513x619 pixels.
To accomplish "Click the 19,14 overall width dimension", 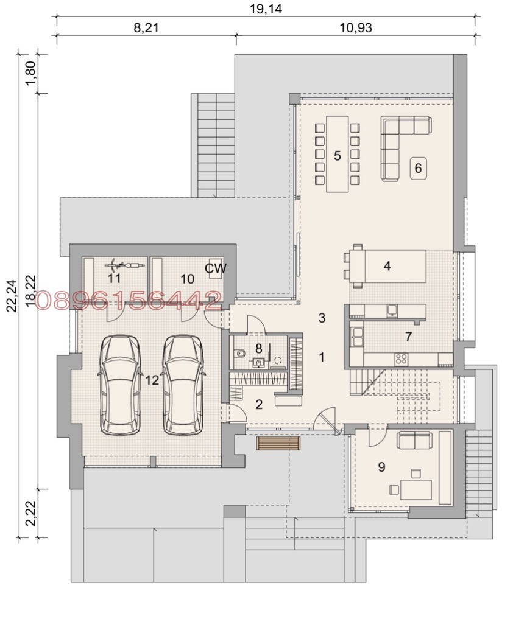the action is coord(266,9).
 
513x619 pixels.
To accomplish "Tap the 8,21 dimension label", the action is coord(146,27).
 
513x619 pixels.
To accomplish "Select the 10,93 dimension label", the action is coord(356,27).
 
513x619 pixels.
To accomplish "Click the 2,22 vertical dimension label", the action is coord(30,513).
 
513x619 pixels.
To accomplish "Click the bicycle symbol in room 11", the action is coord(123,265).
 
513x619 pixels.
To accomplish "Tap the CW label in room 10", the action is coord(216,268).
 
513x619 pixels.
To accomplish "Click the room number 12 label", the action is coord(152,380).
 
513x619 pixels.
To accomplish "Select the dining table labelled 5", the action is coord(337,154).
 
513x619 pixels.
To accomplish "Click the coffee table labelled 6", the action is coord(418,169).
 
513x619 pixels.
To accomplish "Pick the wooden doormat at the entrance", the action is coord(278,443).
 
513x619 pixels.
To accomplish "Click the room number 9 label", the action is coord(381,467).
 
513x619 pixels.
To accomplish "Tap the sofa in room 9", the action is coord(414,440).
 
